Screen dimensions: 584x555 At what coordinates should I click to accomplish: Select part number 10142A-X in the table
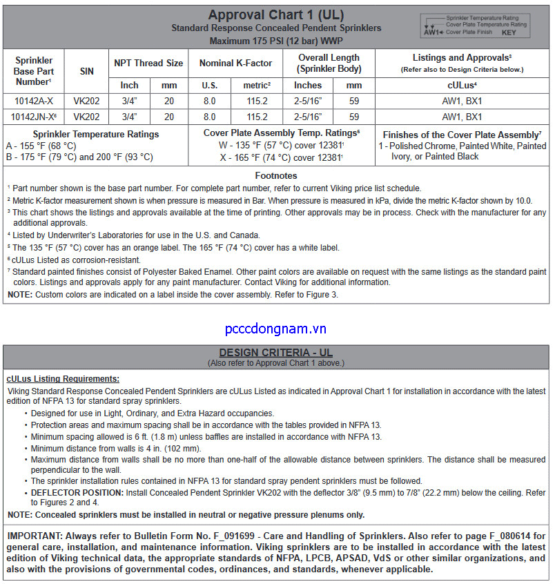pos(33,101)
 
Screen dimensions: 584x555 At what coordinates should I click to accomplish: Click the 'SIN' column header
pos(86,71)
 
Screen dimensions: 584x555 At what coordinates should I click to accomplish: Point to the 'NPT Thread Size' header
pos(148,63)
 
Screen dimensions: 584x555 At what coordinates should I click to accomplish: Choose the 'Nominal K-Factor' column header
pos(235,63)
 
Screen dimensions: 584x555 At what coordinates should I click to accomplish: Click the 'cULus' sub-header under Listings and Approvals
pos(461,85)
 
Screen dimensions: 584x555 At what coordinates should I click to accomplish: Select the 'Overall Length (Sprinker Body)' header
pos(329,63)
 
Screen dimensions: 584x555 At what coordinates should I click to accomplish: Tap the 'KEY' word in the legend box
pos(509,32)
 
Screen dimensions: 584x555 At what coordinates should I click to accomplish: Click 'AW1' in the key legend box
pos(431,32)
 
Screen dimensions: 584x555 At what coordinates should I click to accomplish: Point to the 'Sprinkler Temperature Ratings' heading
pos(95,134)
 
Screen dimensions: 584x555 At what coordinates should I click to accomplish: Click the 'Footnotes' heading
pos(276,176)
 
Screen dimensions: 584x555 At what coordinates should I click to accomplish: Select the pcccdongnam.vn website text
pos(275,329)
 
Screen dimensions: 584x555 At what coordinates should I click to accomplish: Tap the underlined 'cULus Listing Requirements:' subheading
pos(63,378)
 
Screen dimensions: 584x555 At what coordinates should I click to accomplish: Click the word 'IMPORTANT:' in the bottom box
pos(36,536)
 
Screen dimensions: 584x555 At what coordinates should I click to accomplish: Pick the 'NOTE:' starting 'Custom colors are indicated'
pos(20,294)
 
